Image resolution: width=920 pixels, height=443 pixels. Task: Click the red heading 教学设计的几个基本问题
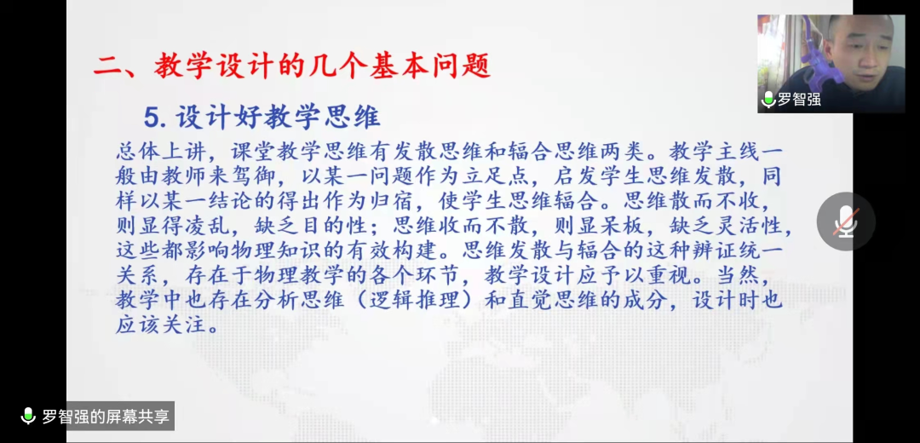tap(322, 66)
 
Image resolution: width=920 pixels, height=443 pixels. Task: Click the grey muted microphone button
tap(846, 221)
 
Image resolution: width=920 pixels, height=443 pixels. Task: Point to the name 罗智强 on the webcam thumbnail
tap(799, 99)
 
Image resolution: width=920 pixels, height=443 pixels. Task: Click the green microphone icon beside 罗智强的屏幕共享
tap(28, 416)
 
